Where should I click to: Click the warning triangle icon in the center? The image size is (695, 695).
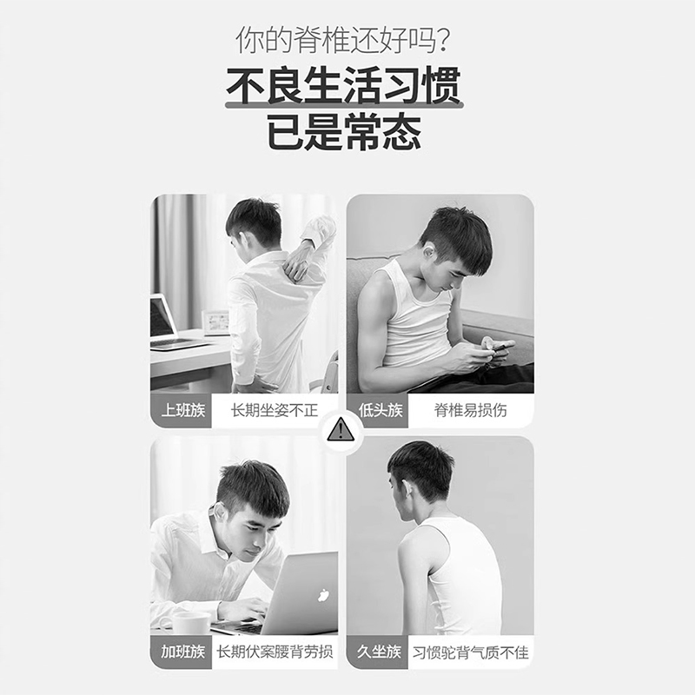(341, 427)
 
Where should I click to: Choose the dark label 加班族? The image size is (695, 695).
(182, 652)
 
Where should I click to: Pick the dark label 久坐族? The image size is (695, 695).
(380, 652)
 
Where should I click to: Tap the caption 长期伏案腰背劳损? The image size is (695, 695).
(275, 652)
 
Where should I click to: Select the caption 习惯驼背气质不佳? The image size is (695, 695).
(470, 652)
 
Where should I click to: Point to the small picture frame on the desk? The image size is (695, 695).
(215, 322)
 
